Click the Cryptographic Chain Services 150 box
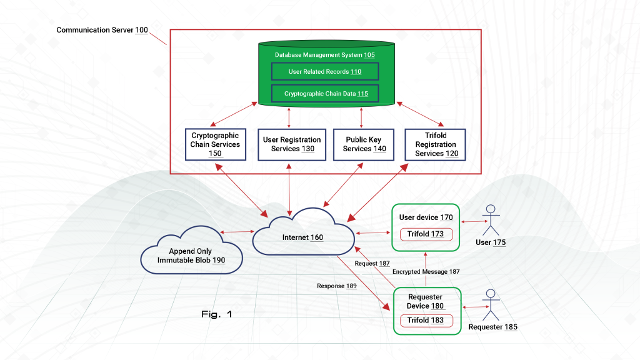[x=215, y=144]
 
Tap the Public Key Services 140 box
[x=364, y=144]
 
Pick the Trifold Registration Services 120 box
[x=436, y=144]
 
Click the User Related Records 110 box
[x=324, y=71]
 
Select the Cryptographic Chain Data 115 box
[x=324, y=94]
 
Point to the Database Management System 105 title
[x=325, y=55]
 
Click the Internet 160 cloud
[x=303, y=237]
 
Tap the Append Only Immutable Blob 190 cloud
[x=191, y=255]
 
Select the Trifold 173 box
[x=426, y=234]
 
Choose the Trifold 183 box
[x=426, y=321]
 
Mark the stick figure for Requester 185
[x=492, y=305]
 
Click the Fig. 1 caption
[x=217, y=314]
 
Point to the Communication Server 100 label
[x=102, y=30]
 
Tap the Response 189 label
[x=337, y=286]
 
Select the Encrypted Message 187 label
[x=426, y=272]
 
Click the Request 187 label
[x=372, y=264]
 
